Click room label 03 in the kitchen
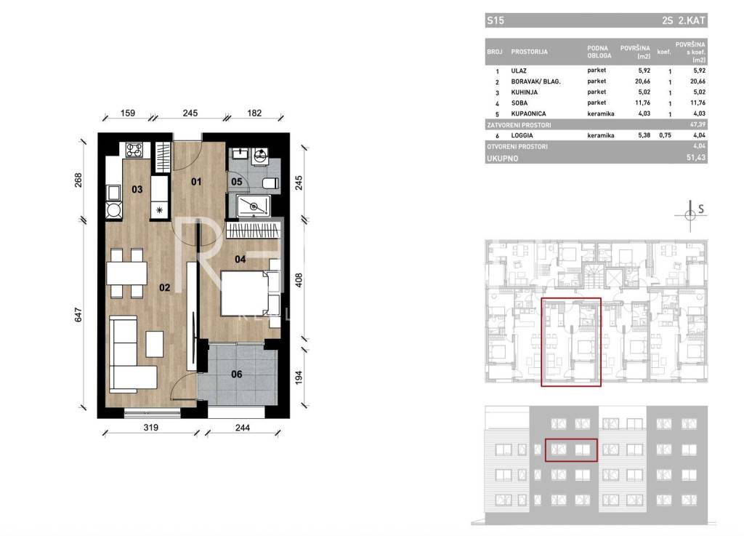coord(137,189)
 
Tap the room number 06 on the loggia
coord(236,375)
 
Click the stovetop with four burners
coord(134,150)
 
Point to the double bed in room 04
coord(251,293)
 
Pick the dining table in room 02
coord(126,273)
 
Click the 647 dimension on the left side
coord(78,315)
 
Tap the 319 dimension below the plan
coord(151,428)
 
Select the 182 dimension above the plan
coord(254,113)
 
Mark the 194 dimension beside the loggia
coord(299,378)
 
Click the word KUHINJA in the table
coord(525,92)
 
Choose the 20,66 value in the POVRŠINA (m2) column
coord(642,81)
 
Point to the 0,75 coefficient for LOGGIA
coord(665,135)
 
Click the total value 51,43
coord(696,158)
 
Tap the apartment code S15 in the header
coord(496,20)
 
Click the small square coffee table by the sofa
coord(155,344)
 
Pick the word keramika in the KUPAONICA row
coord(601,114)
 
